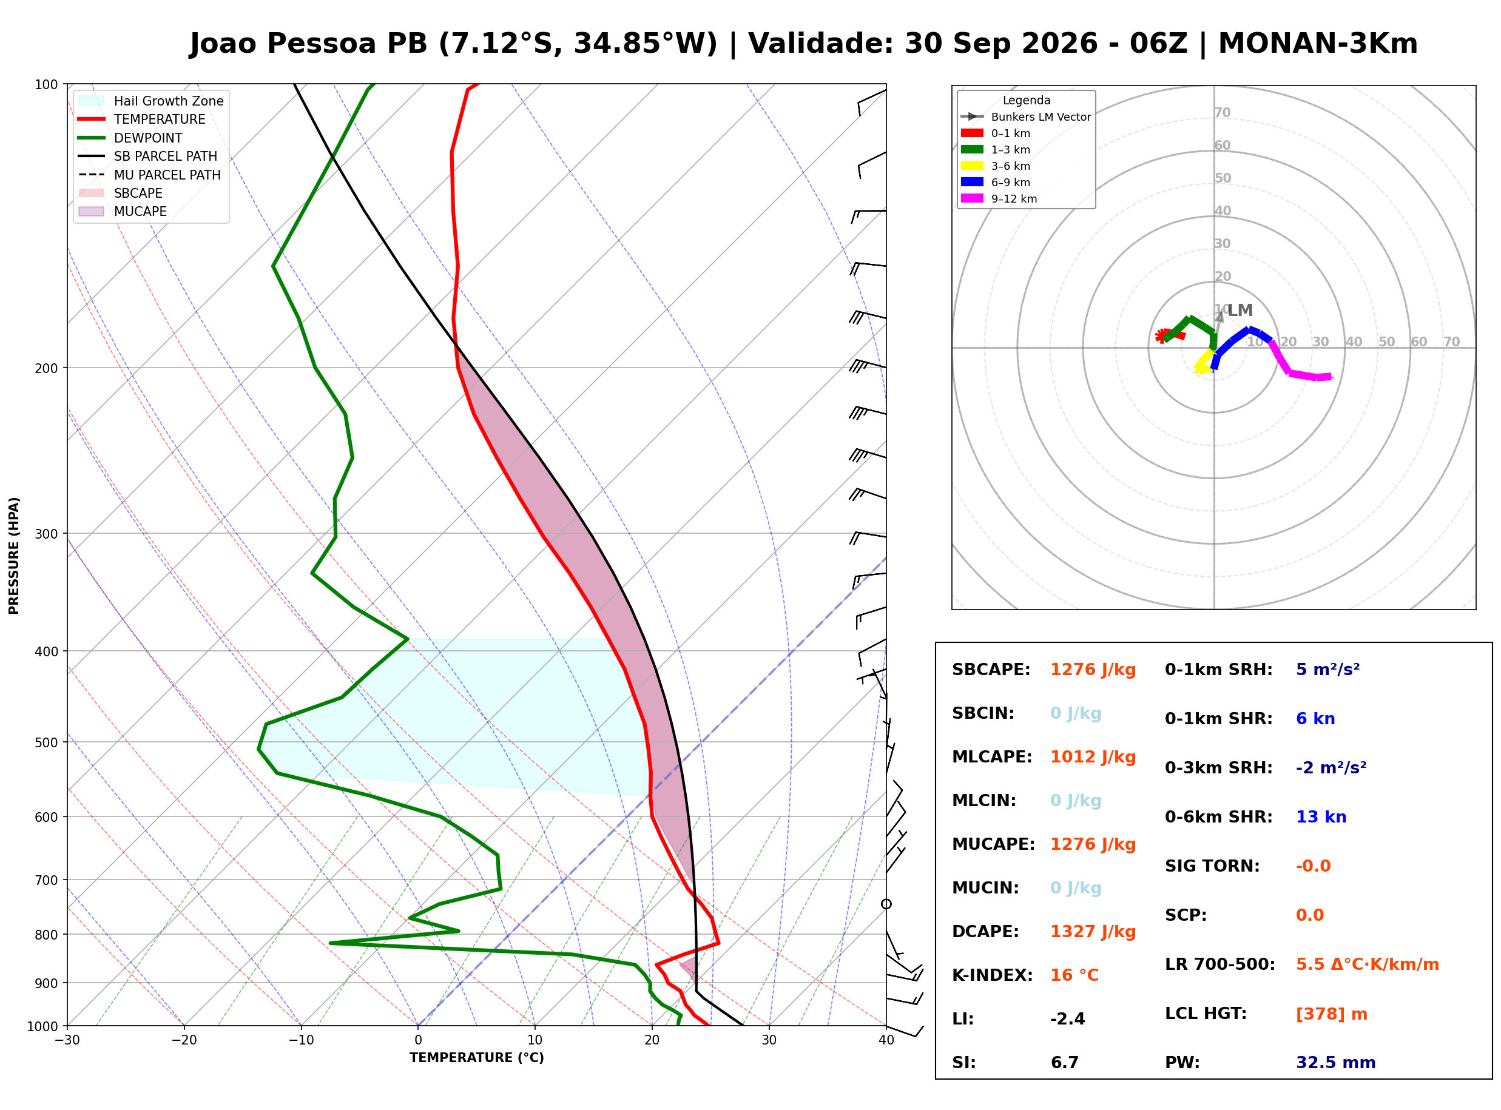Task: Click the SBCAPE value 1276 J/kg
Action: (1093, 670)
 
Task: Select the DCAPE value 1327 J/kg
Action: (1093, 932)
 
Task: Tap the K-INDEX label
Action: (992, 975)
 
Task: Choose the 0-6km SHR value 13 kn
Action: (1321, 817)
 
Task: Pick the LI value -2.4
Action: (1068, 1019)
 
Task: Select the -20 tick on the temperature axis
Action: (184, 1040)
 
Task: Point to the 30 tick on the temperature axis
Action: (769, 1040)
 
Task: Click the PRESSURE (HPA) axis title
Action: (14, 556)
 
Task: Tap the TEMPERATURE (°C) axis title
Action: (476, 1058)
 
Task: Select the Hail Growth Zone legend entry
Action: (151, 101)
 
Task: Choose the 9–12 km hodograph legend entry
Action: (999, 199)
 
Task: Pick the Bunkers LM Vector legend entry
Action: (1026, 117)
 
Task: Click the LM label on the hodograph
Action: (1240, 311)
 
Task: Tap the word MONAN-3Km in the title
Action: (1318, 44)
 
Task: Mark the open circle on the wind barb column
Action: (886, 904)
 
